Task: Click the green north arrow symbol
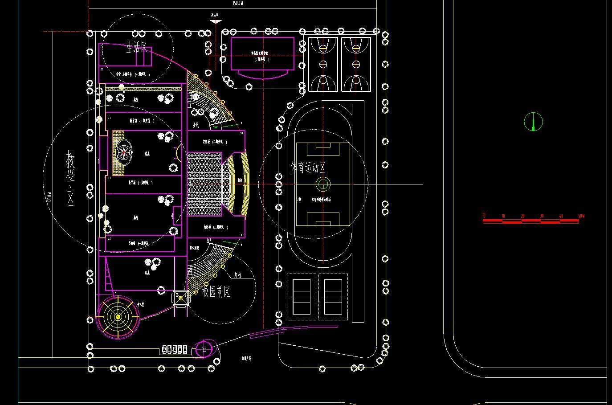tap(533, 122)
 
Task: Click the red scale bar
tap(531, 220)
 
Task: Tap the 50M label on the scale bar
tap(581, 216)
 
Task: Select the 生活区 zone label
tap(136, 48)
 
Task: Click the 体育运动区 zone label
tap(308, 168)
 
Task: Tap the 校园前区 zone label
tap(216, 292)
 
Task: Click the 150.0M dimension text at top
tap(238, 3)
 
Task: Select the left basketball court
tap(323, 64)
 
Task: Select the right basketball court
tap(356, 64)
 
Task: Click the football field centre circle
tap(323, 184)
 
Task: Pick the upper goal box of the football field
tap(323, 145)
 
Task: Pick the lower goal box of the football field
tap(323, 221)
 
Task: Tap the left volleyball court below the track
tap(302, 297)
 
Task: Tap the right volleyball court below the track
tap(333, 297)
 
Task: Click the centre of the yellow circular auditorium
tap(118, 317)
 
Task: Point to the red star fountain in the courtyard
tap(124, 152)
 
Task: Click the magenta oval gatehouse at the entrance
tap(204, 349)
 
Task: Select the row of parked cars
tap(175, 350)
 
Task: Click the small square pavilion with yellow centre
tap(180, 299)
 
